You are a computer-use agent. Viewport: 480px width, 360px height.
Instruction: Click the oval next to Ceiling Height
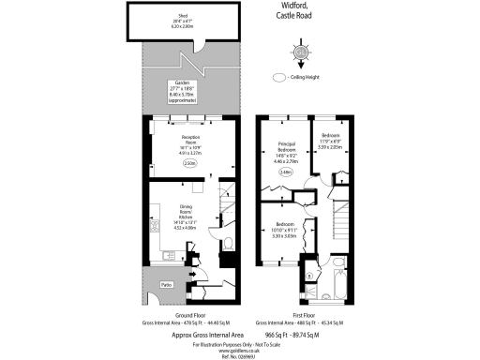pos(278,78)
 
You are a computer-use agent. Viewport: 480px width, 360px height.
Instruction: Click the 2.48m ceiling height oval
pos(285,172)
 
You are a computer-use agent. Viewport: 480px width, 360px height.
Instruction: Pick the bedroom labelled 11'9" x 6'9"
pos(332,141)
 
